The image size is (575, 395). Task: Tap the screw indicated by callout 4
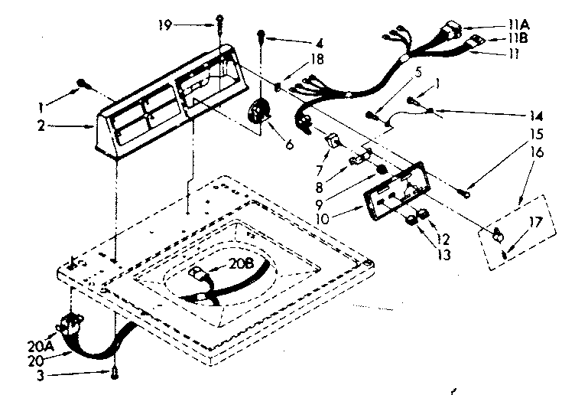[262, 34]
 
